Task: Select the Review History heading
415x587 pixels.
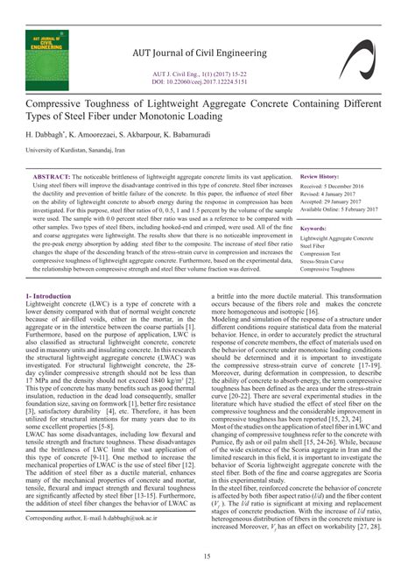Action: pos(325,177)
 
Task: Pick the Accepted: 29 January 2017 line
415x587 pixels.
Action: pos(332,202)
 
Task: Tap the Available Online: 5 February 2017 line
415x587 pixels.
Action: pos(339,210)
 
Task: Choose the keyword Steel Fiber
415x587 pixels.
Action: pos(317,246)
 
